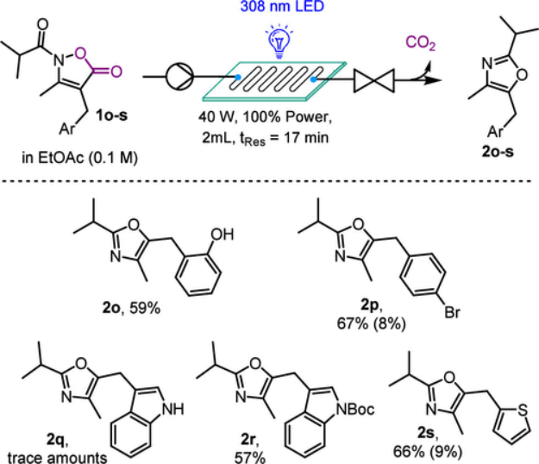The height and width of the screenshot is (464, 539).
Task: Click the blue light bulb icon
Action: coord(279,41)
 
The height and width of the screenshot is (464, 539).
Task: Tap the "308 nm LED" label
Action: coord(282,6)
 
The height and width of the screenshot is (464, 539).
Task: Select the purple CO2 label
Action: coord(420,44)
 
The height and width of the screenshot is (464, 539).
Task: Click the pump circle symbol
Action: coord(179,76)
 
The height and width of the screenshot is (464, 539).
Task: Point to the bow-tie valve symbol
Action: coord(374,81)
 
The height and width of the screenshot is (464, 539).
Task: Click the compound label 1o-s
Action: coord(112,116)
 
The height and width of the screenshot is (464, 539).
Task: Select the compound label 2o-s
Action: coord(498,151)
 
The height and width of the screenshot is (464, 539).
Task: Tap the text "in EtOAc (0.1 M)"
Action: coord(79,158)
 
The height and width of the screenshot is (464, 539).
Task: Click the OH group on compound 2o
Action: coord(222,235)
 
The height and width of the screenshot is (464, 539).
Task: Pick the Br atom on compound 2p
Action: coord(452,312)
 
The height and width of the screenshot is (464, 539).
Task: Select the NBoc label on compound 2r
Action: coord(356,410)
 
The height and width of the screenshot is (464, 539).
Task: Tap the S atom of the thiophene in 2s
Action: coord(522,410)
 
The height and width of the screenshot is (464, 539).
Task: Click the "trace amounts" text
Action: coord(58,458)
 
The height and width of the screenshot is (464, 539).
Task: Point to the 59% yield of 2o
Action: coord(145,308)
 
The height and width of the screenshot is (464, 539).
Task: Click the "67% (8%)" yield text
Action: coord(371,323)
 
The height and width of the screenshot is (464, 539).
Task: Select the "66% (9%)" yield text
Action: coord(428,452)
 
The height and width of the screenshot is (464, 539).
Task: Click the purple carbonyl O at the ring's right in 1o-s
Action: coord(116,72)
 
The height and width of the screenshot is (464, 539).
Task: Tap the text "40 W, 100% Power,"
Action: coord(266,117)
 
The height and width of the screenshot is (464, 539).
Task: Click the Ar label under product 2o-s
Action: coord(495,132)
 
